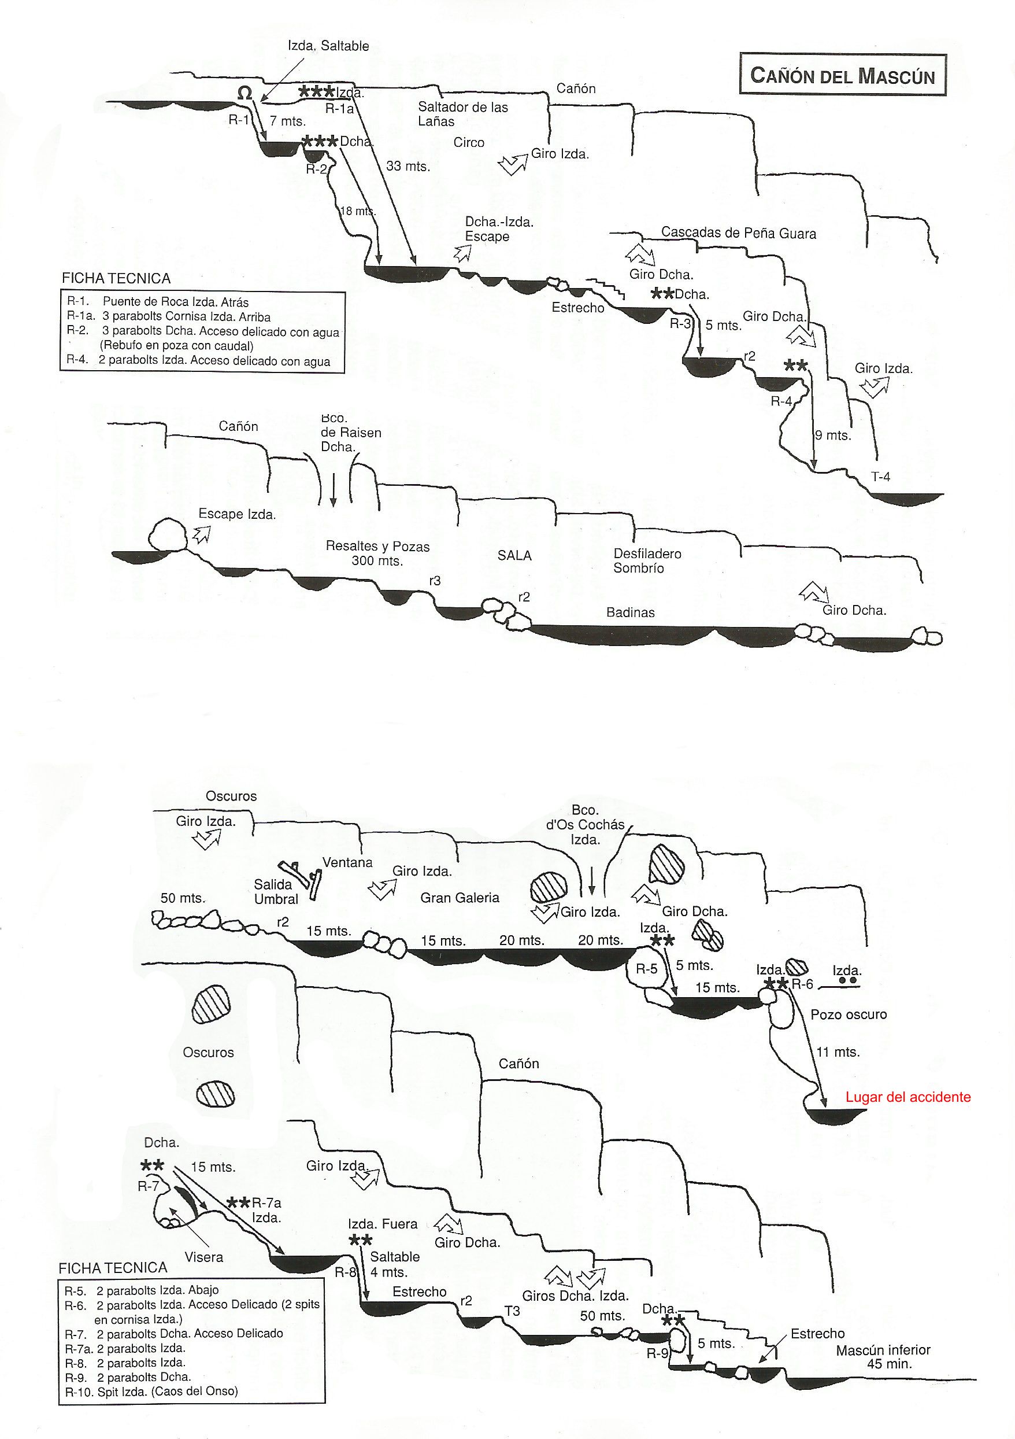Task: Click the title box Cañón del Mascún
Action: click(x=843, y=74)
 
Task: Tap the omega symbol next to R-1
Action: click(x=245, y=93)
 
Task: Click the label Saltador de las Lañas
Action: click(x=463, y=114)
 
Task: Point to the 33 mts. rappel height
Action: click(x=408, y=166)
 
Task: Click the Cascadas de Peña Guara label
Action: click(x=739, y=234)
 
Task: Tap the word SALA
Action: click(x=514, y=555)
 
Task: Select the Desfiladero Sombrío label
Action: click(x=647, y=561)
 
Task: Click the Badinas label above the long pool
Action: click(x=630, y=613)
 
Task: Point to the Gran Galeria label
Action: click(x=460, y=898)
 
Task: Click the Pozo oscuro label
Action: click(x=849, y=1014)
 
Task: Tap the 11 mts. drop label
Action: click(x=838, y=1051)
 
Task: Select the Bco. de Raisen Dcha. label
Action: click(x=350, y=432)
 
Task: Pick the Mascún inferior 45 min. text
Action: click(x=883, y=1357)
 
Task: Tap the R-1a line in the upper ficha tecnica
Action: click(x=169, y=316)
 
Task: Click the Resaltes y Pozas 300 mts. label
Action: click(x=377, y=554)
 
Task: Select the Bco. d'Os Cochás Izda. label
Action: click(x=585, y=824)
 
